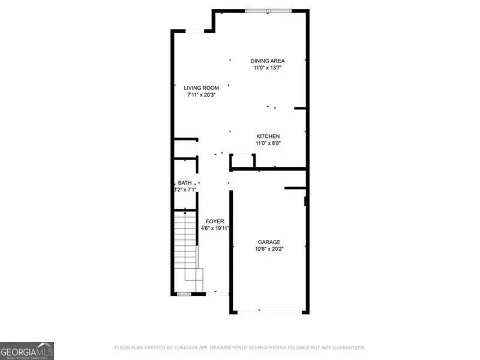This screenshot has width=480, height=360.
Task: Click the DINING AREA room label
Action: point(267,61)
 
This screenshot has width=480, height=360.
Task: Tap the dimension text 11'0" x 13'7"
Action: point(267,68)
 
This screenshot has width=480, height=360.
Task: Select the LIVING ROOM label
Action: point(201,88)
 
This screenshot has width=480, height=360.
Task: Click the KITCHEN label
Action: point(268,136)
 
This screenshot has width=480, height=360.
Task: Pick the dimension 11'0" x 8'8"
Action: point(268,143)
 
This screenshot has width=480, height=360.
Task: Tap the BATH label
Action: point(185,183)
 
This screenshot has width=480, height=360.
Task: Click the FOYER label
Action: point(215,221)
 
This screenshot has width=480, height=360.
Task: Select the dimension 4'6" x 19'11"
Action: point(215,229)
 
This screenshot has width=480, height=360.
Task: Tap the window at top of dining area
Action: point(268,11)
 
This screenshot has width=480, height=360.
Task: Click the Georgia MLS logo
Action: point(27,350)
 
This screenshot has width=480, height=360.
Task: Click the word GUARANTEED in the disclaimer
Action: point(346,347)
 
